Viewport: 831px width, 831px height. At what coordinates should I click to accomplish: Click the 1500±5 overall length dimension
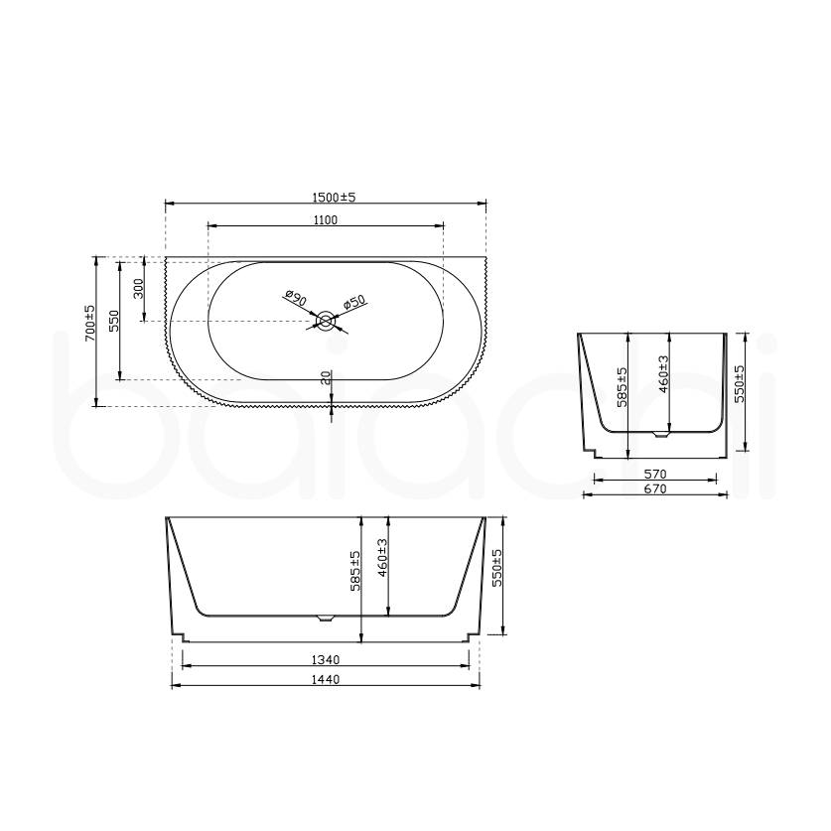coord(327,198)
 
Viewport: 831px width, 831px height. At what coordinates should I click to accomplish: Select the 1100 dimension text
coord(327,220)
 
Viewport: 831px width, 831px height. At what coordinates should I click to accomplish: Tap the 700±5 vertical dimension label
coord(89,324)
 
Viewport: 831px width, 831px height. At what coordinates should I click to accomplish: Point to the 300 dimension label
coord(140,288)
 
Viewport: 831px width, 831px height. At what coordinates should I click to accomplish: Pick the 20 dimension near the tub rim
coord(326,378)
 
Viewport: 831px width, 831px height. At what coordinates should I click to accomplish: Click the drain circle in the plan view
coord(325,321)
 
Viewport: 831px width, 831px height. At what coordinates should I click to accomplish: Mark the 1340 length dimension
coord(326,660)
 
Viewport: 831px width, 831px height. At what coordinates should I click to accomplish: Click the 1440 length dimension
coord(326,680)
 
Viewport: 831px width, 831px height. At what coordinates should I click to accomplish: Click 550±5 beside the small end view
coord(739,382)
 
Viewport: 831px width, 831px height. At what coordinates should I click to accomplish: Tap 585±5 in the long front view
coord(355,570)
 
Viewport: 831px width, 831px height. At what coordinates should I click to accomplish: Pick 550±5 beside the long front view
coord(497,568)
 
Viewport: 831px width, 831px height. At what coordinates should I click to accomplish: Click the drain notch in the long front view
coord(326,618)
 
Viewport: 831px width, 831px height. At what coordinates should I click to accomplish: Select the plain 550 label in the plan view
coord(114,320)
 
